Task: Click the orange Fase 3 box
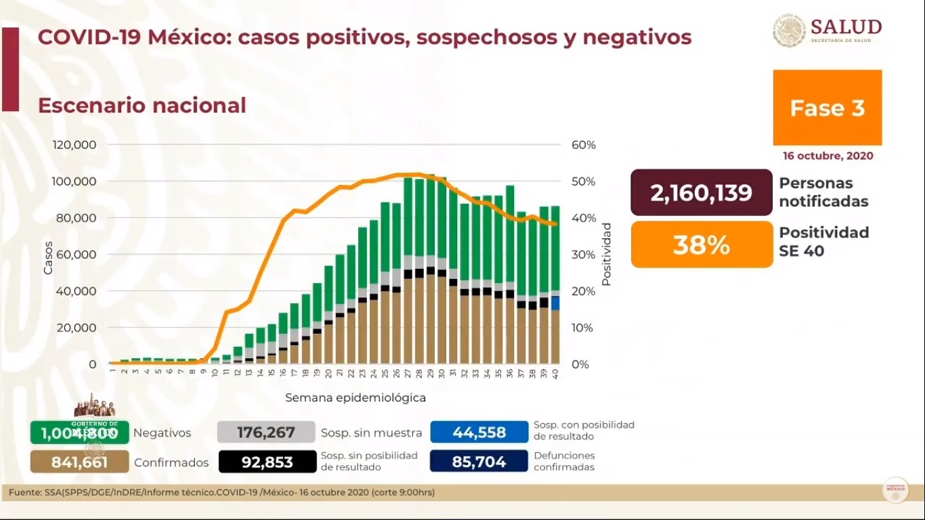click(x=827, y=108)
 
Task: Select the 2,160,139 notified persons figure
click(x=701, y=193)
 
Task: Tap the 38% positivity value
click(x=701, y=244)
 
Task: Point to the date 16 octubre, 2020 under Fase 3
click(x=827, y=156)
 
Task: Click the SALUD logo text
click(x=846, y=27)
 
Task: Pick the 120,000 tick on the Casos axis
click(x=74, y=145)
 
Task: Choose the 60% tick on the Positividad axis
click(x=583, y=145)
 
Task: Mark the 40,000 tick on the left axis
click(x=77, y=291)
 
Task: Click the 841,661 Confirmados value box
click(x=79, y=462)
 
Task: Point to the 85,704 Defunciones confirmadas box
click(x=479, y=462)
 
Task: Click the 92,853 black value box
click(x=267, y=462)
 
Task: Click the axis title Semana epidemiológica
click(x=356, y=398)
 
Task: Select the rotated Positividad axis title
click(x=606, y=254)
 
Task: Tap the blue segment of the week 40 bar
click(x=555, y=303)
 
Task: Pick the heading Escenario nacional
click(x=142, y=106)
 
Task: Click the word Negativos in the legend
click(x=162, y=433)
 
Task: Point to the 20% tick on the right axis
click(x=583, y=291)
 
